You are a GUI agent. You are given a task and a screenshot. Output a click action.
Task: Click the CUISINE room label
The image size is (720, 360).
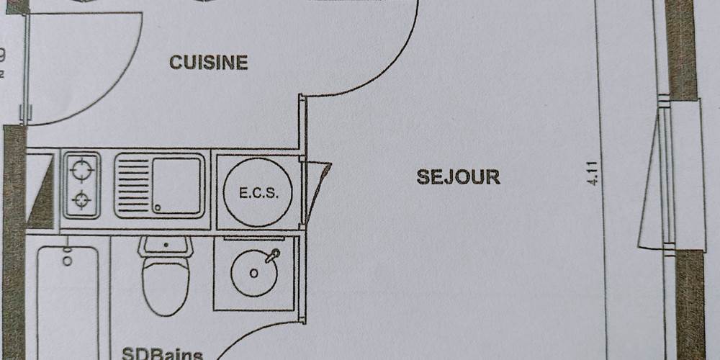[209, 63]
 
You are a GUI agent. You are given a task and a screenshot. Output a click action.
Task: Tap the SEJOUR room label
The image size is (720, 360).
[458, 176]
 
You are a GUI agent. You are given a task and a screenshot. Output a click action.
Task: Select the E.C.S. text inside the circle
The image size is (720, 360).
[257, 193]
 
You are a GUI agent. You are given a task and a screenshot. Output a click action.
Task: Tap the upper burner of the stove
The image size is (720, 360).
[82, 170]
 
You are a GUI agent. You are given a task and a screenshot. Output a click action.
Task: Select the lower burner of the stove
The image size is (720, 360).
[82, 199]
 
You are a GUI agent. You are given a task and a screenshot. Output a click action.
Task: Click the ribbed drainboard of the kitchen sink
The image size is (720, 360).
[132, 186]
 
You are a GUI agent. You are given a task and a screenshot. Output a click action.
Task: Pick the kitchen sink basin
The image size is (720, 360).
[176, 186]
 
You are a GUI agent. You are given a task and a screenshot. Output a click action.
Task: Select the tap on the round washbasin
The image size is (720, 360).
[271, 255]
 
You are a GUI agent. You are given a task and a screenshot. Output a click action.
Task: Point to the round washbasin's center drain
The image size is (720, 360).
[253, 273]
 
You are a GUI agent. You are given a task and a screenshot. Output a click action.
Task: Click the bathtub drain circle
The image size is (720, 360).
[67, 261]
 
